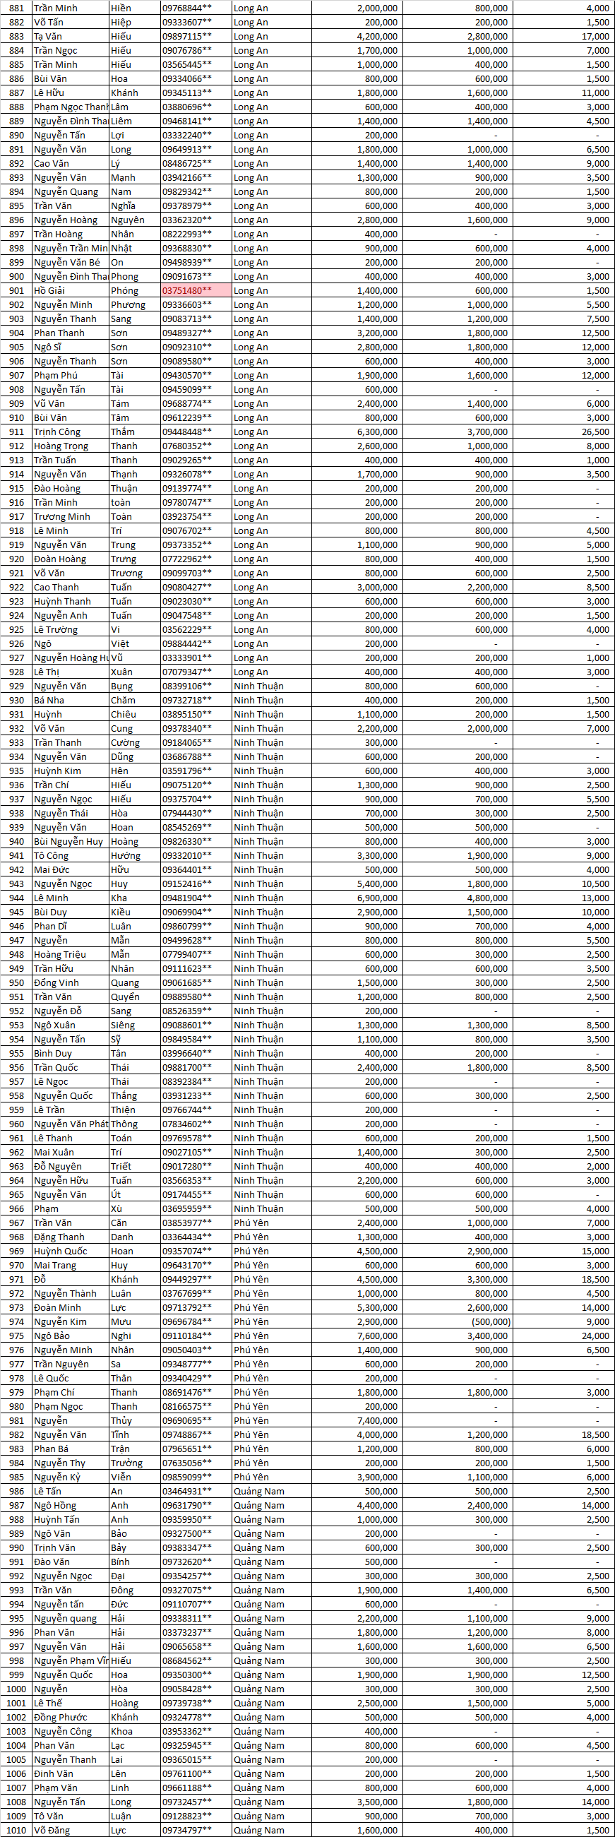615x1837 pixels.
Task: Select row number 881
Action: coord(16,8)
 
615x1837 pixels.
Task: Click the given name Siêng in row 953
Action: coord(123,1025)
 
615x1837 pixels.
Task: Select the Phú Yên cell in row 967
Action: coord(251,1223)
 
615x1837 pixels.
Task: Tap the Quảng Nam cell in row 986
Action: coord(258,1492)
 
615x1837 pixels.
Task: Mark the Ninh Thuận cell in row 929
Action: coord(258,686)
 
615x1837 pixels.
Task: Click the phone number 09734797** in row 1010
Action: coord(186,1831)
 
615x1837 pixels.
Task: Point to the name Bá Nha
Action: coord(49,701)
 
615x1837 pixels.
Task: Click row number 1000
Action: coord(16,1689)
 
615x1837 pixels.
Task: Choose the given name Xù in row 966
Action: coord(117,1208)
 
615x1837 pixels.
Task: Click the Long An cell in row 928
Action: coord(251,672)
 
